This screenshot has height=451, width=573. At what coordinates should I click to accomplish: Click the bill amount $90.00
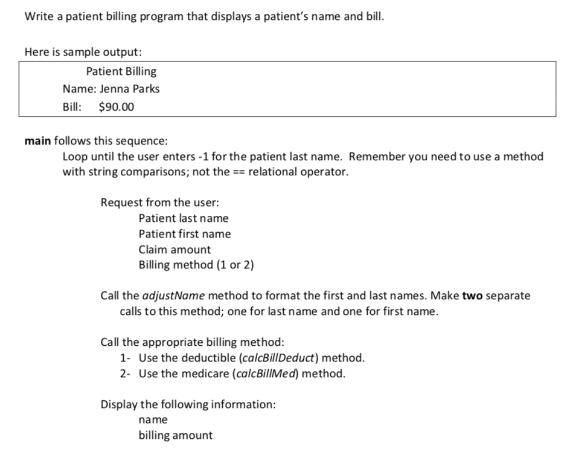[x=117, y=107]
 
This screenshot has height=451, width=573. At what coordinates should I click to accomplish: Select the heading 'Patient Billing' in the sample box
[x=121, y=71]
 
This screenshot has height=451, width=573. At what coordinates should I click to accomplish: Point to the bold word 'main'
[x=37, y=141]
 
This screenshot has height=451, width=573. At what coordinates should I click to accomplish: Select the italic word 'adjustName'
[x=175, y=296]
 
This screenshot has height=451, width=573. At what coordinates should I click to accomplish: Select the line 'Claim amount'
[x=174, y=249]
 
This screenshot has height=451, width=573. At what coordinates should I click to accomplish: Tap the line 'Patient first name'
[x=184, y=233]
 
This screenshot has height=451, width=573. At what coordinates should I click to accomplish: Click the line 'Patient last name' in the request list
[x=183, y=218]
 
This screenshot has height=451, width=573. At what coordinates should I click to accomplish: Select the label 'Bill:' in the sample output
[x=72, y=107]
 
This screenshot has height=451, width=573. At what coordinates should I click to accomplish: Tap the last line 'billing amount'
[x=175, y=435]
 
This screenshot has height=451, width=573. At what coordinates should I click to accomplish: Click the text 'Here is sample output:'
[x=74, y=51]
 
